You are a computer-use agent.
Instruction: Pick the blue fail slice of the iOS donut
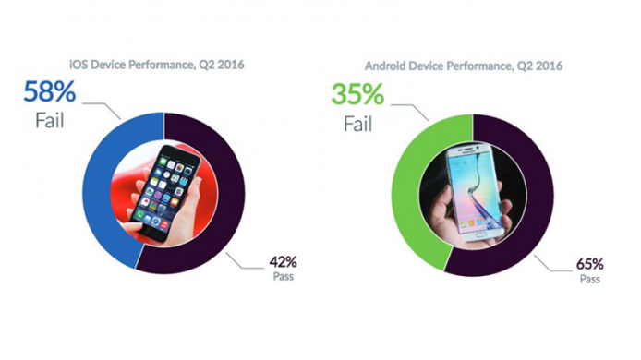pyautogui.click(x=102, y=194)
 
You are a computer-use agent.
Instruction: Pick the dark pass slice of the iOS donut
pyautogui.click(x=226, y=194)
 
